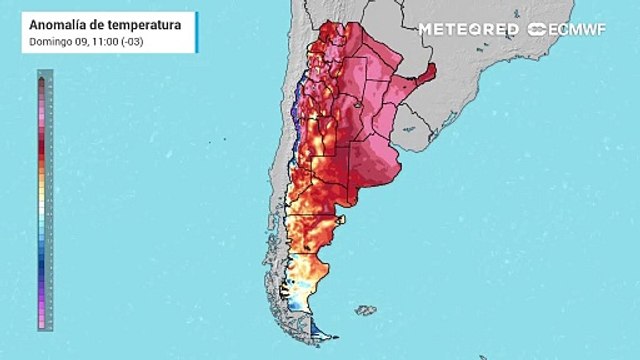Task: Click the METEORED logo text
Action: (468, 29)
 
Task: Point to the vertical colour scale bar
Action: (44, 200)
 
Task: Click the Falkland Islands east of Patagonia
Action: (366, 310)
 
